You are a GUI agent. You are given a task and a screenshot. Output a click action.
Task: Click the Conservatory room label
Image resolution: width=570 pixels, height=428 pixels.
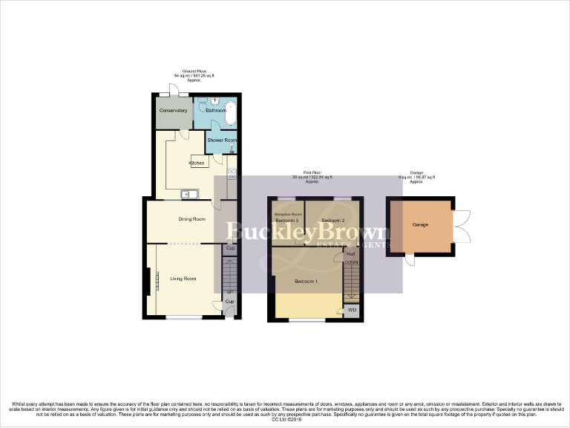pyautogui.click(x=172, y=111)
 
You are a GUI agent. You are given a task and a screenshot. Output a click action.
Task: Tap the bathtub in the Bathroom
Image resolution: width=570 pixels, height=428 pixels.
pyautogui.click(x=231, y=114)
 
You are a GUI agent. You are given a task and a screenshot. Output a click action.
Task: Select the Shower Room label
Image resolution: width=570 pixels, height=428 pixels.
pyautogui.click(x=221, y=140)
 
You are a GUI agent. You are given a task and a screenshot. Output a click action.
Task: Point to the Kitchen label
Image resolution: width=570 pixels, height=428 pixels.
pyautogui.click(x=196, y=163)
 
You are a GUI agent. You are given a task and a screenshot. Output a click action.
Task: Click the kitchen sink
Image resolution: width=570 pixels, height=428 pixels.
pyautogui.click(x=189, y=195)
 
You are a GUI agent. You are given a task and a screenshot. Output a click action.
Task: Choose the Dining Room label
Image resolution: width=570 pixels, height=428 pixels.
pyautogui.click(x=191, y=219)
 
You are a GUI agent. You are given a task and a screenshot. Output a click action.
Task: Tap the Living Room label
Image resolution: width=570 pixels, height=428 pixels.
pyautogui.click(x=183, y=279)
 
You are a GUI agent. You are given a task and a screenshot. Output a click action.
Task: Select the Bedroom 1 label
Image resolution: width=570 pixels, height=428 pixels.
pyautogui.click(x=306, y=282)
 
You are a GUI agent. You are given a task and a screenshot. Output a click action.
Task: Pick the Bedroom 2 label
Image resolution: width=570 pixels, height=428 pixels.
pyautogui.click(x=333, y=221)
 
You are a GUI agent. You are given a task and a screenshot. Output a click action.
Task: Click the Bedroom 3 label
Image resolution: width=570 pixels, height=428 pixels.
pyautogui.click(x=286, y=221)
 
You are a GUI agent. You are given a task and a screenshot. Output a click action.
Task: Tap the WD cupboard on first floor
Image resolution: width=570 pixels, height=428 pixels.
pyautogui.click(x=352, y=310)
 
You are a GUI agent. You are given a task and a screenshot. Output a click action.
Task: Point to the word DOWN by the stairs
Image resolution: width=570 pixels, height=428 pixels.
pyautogui.click(x=352, y=262)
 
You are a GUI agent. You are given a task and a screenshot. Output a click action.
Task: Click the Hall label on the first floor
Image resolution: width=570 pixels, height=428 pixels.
pyautogui.click(x=350, y=254)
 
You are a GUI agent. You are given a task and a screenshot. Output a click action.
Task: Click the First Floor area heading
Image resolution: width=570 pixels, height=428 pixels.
pyautogui.click(x=311, y=177)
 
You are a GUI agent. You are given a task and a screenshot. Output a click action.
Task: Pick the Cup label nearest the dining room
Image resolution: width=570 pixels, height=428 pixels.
pyautogui.click(x=230, y=247)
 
